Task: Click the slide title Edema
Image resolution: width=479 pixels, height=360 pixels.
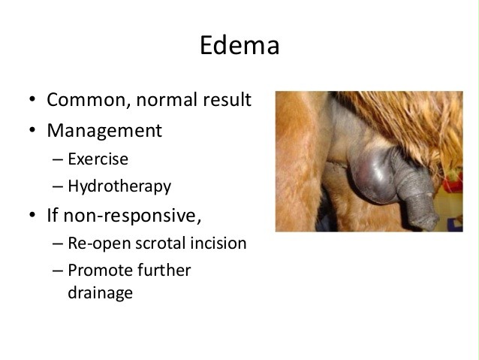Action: tap(239, 45)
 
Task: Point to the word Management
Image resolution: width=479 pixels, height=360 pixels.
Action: tap(104, 131)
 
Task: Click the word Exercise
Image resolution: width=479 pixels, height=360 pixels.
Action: tap(98, 159)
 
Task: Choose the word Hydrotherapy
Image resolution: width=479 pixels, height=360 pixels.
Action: tap(119, 186)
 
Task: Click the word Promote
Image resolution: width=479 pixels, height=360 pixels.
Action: tap(100, 270)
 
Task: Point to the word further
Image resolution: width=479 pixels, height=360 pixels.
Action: tap(164, 270)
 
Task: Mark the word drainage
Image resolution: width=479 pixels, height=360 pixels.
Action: tap(100, 293)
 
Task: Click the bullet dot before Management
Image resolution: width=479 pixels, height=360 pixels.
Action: tap(32, 130)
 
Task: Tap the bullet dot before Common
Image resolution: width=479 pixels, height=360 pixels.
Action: tap(32, 99)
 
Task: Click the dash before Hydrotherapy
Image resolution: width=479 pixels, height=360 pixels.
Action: tap(58, 186)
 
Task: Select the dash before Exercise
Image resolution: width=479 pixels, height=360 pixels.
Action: tap(58, 159)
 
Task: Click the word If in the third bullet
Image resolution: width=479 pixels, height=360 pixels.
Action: tap(53, 215)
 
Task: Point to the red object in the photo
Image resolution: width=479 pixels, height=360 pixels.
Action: tap(453, 183)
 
